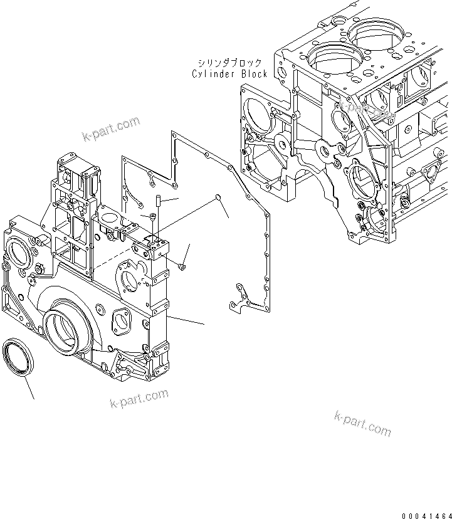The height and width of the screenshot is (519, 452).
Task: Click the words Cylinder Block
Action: point(229,74)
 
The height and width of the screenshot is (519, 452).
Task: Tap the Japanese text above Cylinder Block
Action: point(229,63)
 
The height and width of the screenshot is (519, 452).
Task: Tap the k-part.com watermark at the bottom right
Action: point(362,423)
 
